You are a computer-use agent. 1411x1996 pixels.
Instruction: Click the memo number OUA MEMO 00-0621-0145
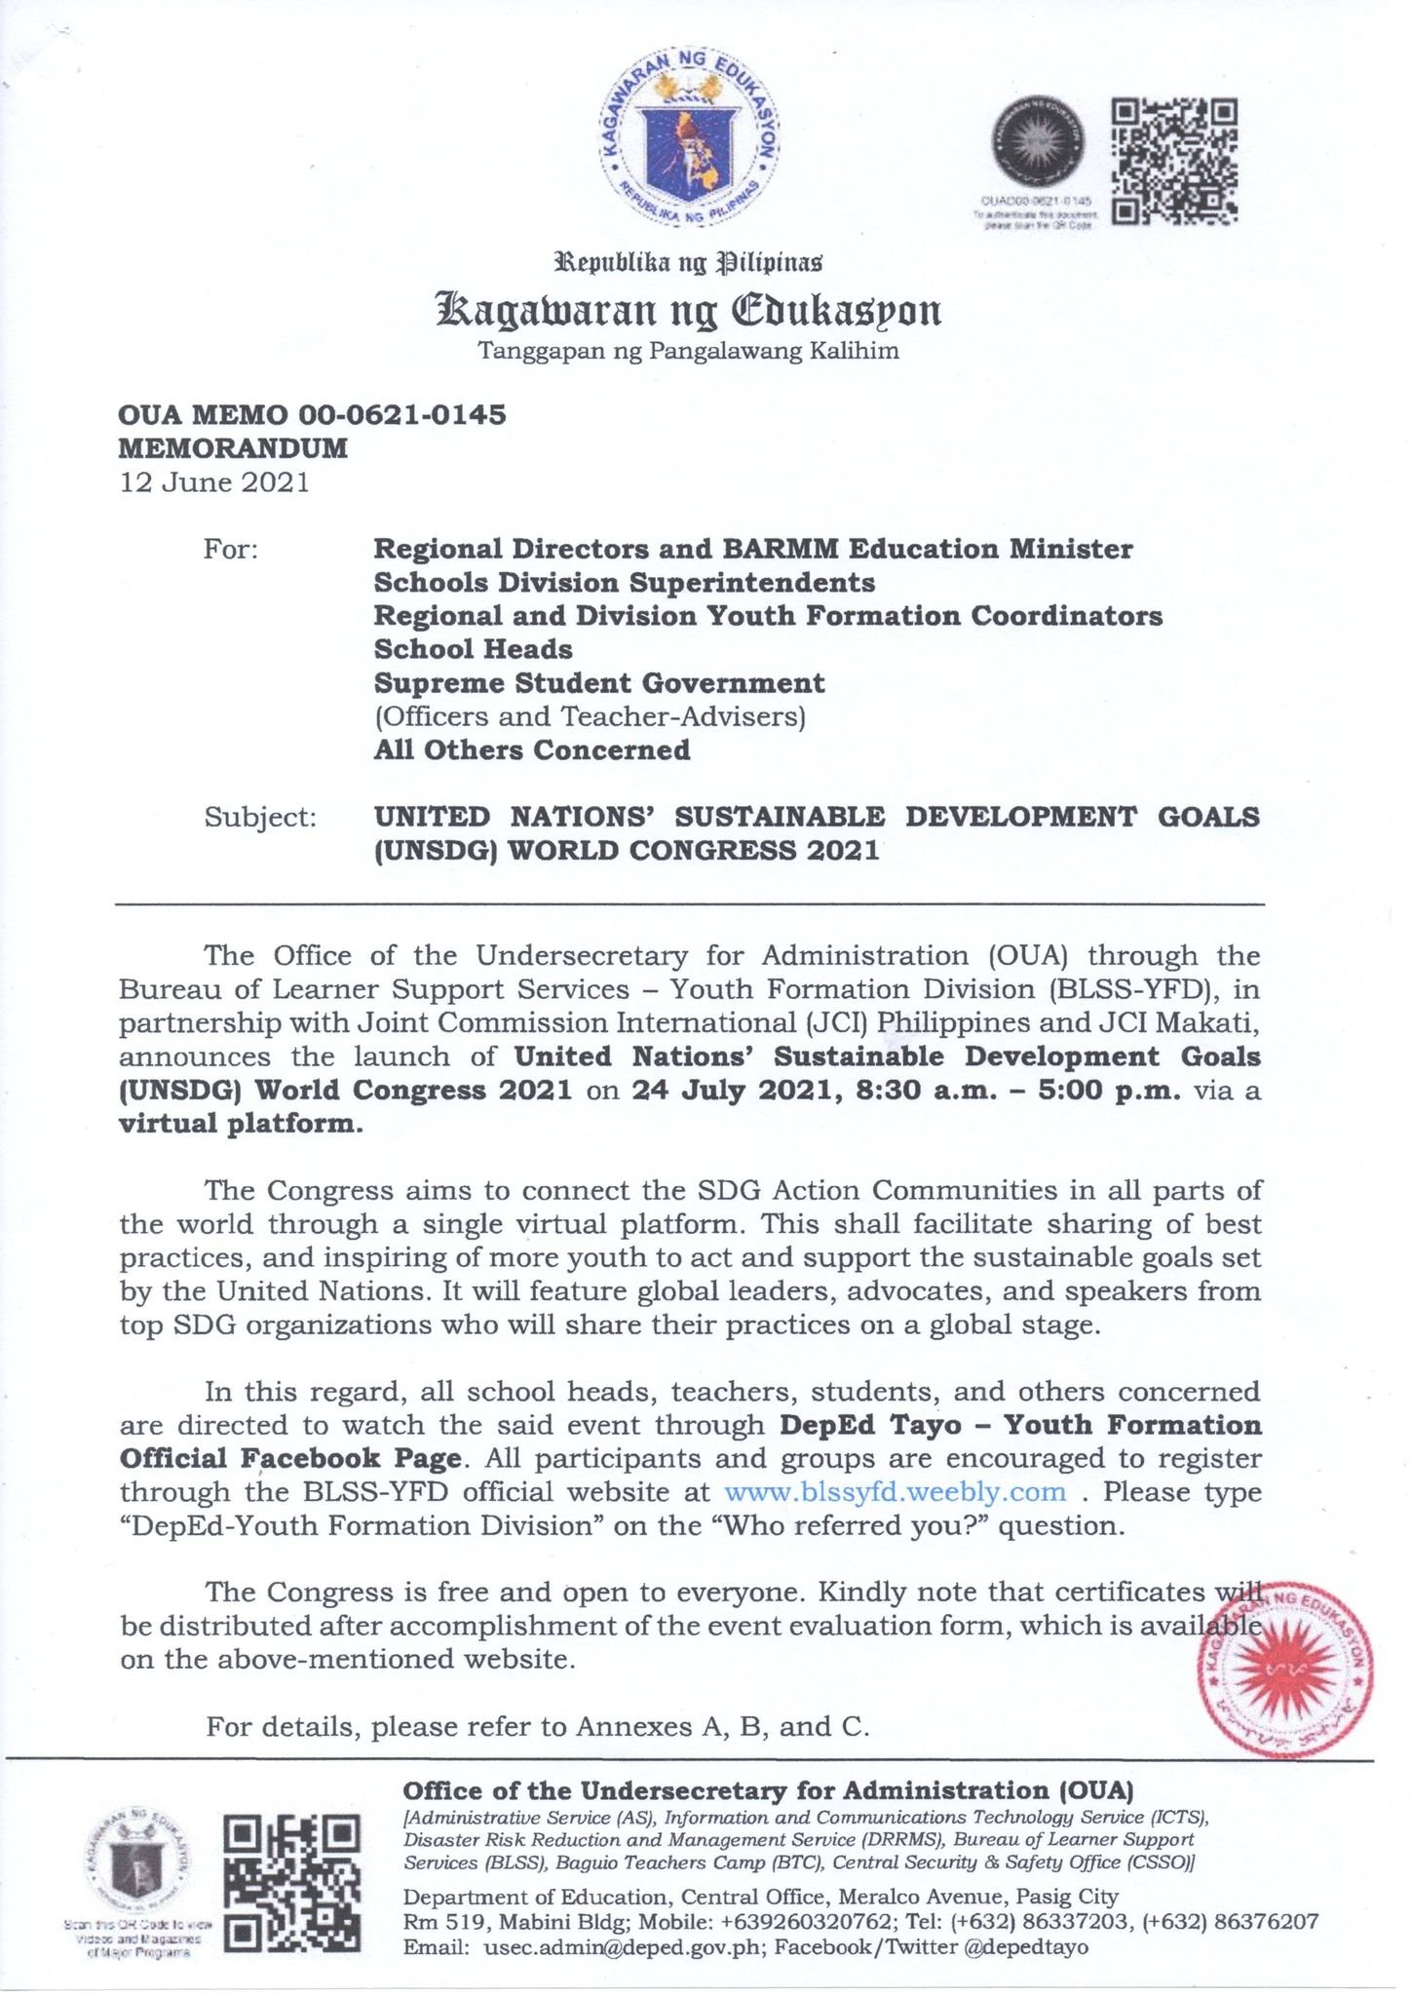click(312, 415)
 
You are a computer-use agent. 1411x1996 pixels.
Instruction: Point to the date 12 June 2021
click(214, 482)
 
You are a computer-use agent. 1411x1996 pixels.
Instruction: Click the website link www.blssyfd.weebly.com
click(896, 1492)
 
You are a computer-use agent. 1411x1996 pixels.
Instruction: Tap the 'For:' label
click(231, 550)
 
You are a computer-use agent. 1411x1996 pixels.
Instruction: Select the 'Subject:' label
click(260, 817)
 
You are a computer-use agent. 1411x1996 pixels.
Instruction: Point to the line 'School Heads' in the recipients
click(474, 649)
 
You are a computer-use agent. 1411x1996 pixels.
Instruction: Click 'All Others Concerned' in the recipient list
click(532, 749)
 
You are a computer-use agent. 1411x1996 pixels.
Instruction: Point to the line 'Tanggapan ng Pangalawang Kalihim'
click(688, 351)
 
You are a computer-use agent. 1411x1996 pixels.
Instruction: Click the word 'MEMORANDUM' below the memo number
click(233, 448)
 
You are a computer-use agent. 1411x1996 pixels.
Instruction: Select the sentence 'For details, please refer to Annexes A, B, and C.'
click(537, 1727)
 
